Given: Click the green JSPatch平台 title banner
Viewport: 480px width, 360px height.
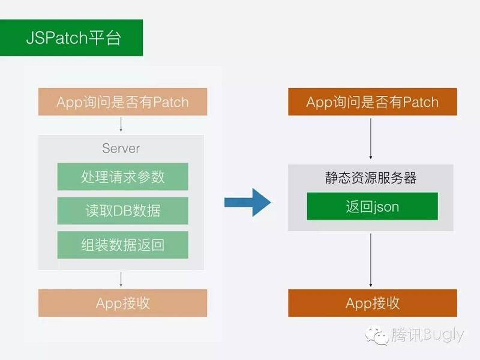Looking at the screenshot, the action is [71, 38].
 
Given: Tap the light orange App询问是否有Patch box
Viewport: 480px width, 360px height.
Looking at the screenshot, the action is [122, 102].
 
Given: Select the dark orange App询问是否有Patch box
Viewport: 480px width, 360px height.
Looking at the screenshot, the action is [372, 102].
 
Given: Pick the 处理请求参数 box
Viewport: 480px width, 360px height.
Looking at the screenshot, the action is [122, 177].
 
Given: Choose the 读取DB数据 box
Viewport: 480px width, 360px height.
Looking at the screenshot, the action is [122, 211].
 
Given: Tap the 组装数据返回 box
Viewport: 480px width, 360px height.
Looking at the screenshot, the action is [122, 245].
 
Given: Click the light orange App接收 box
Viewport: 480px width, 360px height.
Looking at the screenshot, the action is [122, 303].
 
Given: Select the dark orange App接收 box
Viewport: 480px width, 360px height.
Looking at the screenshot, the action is [372, 303].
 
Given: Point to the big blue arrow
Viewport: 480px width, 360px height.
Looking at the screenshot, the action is [247, 202].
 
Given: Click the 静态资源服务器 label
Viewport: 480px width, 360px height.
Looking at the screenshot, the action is [372, 178].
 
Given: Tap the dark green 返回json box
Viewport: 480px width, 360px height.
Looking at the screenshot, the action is [372, 207].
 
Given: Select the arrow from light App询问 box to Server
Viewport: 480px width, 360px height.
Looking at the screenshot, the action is [121, 125].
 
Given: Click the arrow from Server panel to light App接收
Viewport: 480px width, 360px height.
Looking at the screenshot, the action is [121, 279].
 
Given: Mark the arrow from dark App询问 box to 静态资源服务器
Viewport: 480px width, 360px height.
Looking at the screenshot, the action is [372, 139].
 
